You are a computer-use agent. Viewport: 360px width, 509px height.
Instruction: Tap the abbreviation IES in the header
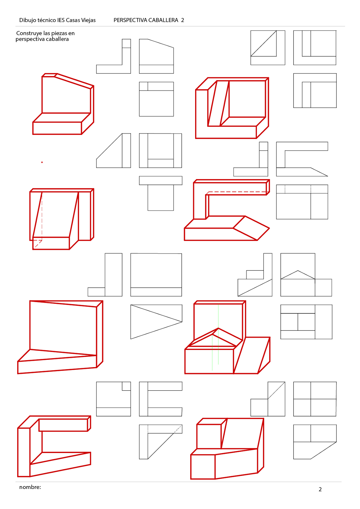click(x=61, y=20)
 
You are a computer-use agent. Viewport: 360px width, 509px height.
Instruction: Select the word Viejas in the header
click(x=88, y=20)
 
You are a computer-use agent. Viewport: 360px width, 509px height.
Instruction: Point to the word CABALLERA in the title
click(x=163, y=20)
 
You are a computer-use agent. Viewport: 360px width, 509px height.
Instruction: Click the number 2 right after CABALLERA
click(x=182, y=20)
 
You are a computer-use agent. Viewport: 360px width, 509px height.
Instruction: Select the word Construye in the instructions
click(x=29, y=33)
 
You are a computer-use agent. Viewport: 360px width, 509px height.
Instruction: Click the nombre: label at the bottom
click(x=30, y=487)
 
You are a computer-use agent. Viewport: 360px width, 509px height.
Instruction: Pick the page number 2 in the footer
click(x=320, y=490)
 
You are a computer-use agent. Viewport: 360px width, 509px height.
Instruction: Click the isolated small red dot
click(x=42, y=162)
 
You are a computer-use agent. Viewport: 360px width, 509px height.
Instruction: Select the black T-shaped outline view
click(x=160, y=193)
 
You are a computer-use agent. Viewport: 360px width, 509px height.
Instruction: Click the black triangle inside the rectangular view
click(x=156, y=322)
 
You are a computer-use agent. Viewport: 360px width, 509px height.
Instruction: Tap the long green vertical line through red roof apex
click(x=218, y=334)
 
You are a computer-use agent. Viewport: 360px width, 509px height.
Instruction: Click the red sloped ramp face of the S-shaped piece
click(x=251, y=228)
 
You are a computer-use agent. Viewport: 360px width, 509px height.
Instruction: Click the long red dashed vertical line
click(x=42, y=216)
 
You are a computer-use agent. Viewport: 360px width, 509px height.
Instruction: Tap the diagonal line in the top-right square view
click(x=263, y=43)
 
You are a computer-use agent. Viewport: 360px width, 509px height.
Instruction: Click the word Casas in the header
click(x=73, y=20)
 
